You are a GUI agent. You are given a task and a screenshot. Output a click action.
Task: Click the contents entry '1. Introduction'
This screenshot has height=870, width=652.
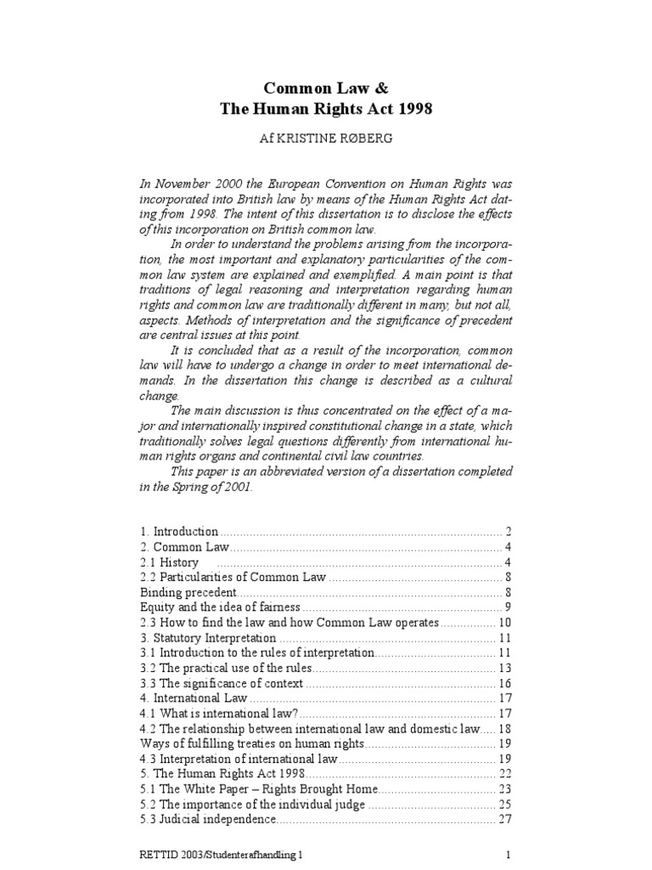tap(179, 531)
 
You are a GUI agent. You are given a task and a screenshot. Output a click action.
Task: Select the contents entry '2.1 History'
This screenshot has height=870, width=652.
tap(170, 562)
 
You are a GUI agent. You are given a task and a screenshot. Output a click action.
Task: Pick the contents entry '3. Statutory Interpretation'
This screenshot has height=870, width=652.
tap(208, 638)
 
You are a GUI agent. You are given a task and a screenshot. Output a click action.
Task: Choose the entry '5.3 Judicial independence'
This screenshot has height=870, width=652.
tap(208, 820)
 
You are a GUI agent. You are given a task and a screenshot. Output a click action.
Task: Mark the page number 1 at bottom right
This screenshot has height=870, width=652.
tap(507, 856)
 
